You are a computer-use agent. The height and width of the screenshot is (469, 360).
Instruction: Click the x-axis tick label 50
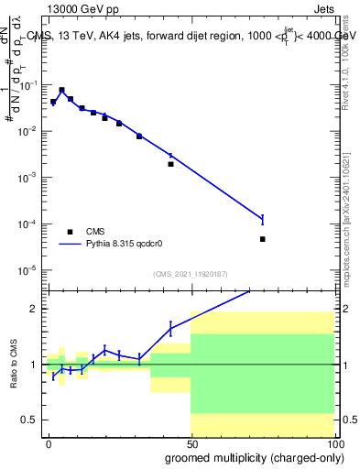[191, 442]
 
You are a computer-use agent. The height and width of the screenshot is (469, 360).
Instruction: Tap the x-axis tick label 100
[333, 442]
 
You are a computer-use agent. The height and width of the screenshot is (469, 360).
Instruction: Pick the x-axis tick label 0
[49, 442]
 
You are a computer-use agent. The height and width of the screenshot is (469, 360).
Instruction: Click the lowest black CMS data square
[263, 239]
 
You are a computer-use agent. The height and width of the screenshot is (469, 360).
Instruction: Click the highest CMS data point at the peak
[61, 91]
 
